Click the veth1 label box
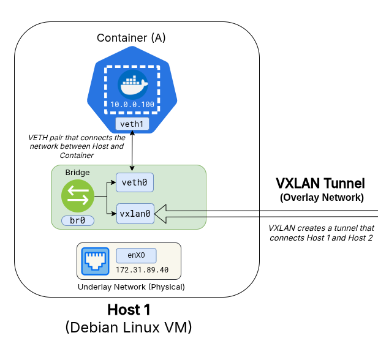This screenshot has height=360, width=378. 132,124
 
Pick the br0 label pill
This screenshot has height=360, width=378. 78,220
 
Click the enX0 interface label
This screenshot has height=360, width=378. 136,256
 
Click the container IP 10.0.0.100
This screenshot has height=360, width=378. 132,105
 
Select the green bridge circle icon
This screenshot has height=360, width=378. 78,196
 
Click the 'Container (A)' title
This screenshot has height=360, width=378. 131,38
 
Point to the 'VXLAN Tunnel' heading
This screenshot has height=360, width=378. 320,183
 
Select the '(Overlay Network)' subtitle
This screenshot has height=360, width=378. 321,197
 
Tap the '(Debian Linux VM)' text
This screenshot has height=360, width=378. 128,328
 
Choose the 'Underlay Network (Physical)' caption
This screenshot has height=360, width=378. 131,287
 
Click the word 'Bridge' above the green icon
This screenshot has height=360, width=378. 78,173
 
